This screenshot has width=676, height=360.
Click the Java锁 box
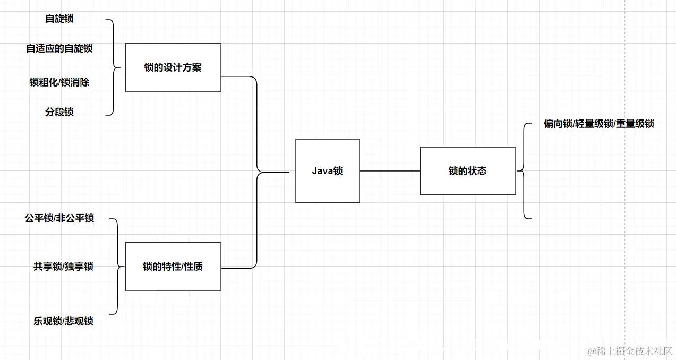pos(327,171)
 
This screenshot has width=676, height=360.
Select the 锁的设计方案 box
pos(173,67)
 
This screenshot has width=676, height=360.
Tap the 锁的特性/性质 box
pos(173,267)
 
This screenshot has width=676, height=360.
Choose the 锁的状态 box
pos(467,171)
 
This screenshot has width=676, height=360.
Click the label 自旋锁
pos(59,19)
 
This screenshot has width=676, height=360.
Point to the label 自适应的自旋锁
pos(59,48)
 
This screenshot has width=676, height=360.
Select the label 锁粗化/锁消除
pos(59,82)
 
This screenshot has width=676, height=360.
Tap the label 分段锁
pos(59,112)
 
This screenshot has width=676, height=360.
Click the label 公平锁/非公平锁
pos(59,218)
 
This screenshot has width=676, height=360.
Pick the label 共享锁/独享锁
pos(63,267)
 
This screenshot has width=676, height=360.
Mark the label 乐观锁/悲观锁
pos(63,321)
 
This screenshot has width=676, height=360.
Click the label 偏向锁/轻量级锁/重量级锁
pos(598,124)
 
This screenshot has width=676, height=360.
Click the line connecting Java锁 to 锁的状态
pos(389,171)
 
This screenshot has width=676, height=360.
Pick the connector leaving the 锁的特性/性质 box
pos(257,223)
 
